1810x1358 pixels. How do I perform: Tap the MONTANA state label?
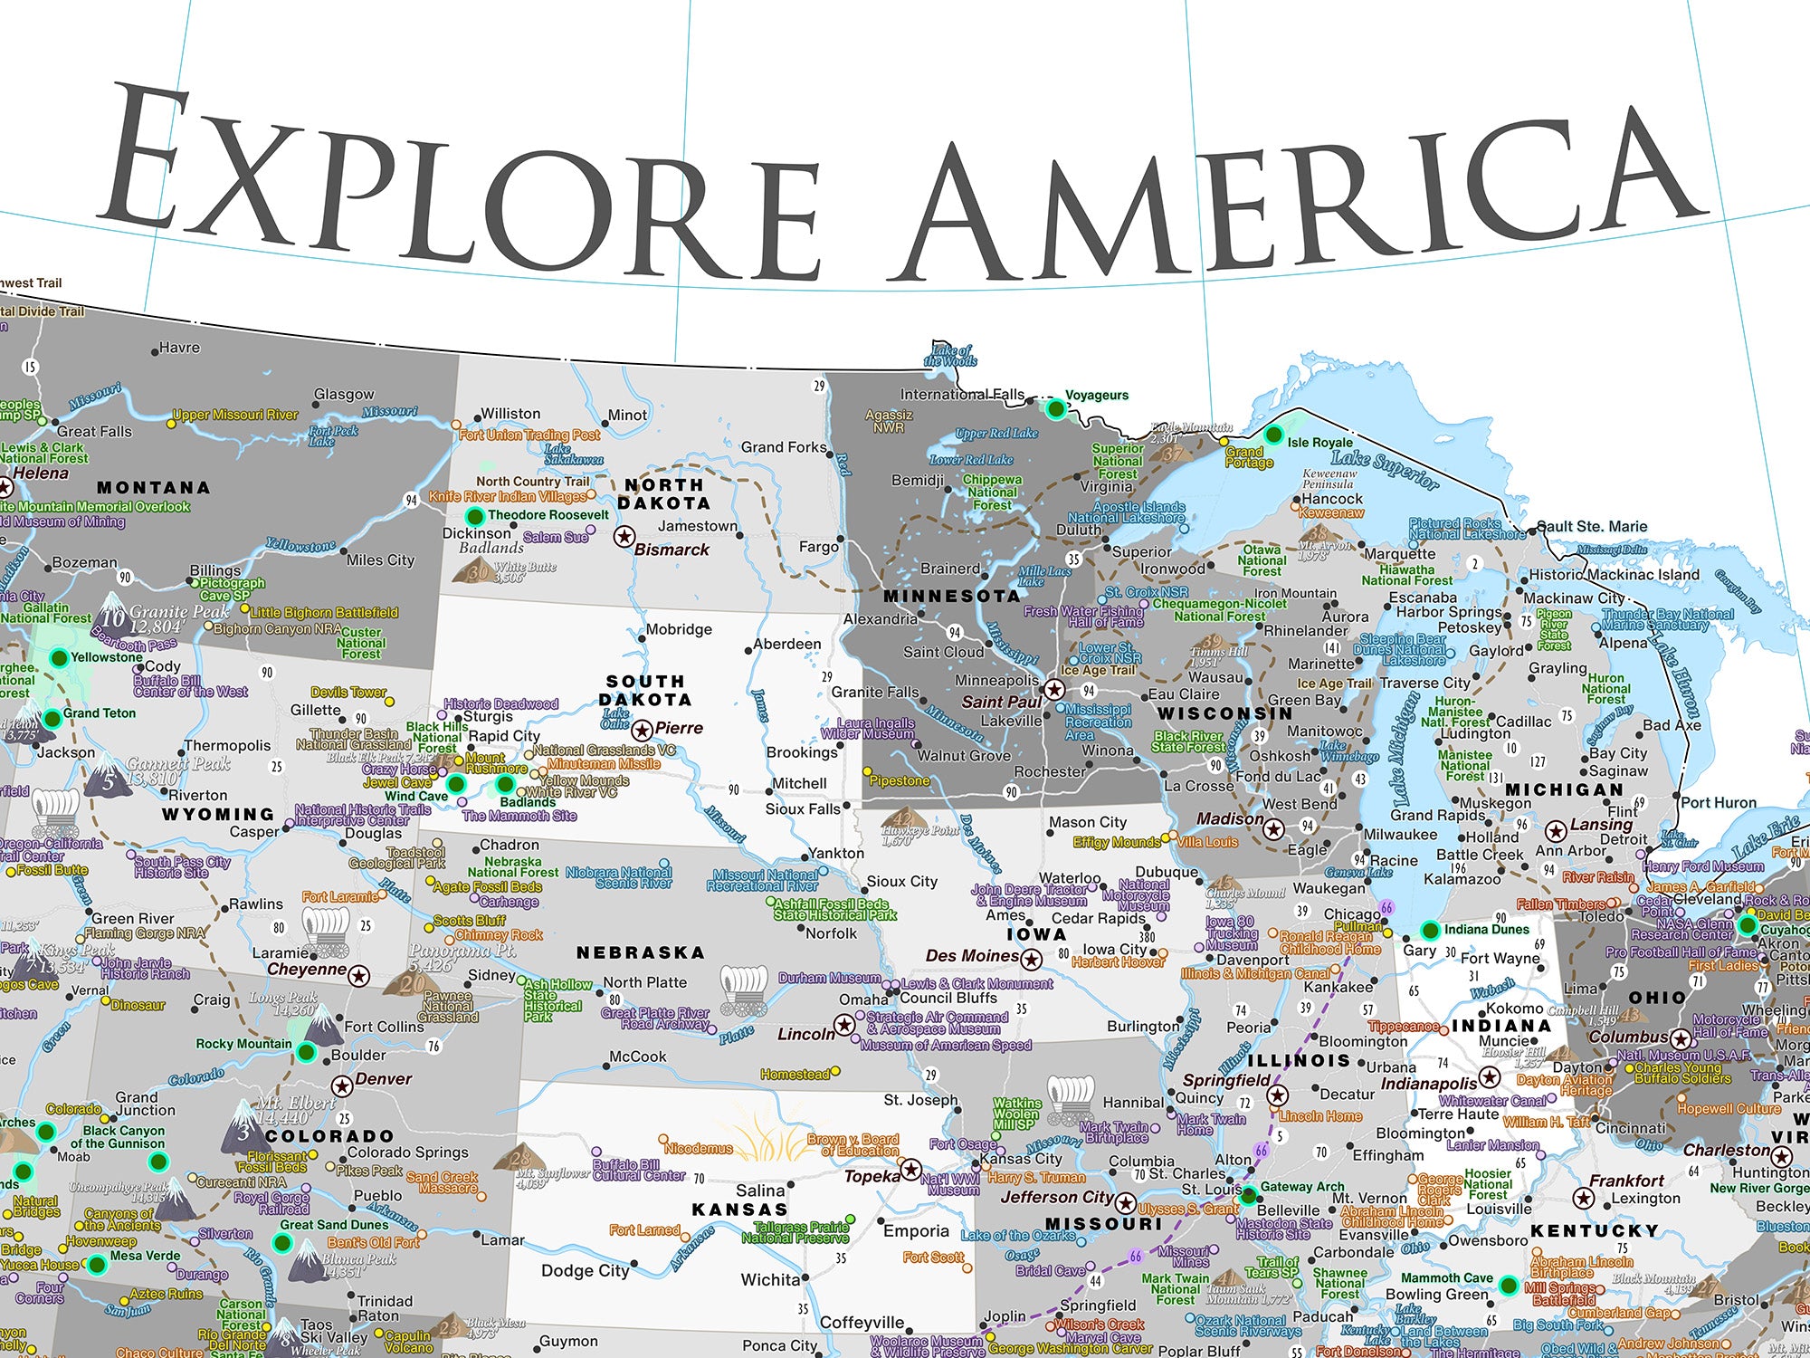(x=153, y=488)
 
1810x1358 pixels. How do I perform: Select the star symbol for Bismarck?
(x=624, y=536)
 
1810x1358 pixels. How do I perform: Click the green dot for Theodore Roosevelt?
(x=474, y=516)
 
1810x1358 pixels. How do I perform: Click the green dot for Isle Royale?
(x=1273, y=435)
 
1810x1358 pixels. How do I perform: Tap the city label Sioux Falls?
(x=803, y=808)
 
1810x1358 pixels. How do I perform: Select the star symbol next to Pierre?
(x=642, y=730)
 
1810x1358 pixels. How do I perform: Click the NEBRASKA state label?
(x=641, y=952)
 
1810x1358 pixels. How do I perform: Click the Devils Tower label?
(x=348, y=692)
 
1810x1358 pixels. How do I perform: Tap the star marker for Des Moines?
(x=1032, y=958)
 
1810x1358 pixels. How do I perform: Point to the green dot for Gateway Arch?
(x=1248, y=1195)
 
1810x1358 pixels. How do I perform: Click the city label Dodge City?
(x=585, y=1270)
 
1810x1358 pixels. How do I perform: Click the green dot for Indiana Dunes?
(x=1430, y=930)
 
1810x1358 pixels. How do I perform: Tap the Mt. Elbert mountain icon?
(x=245, y=1125)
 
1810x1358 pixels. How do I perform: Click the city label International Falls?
(x=961, y=395)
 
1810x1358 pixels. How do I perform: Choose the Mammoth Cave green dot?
(x=1508, y=1285)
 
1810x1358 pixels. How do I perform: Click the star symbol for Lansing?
(x=1555, y=830)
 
